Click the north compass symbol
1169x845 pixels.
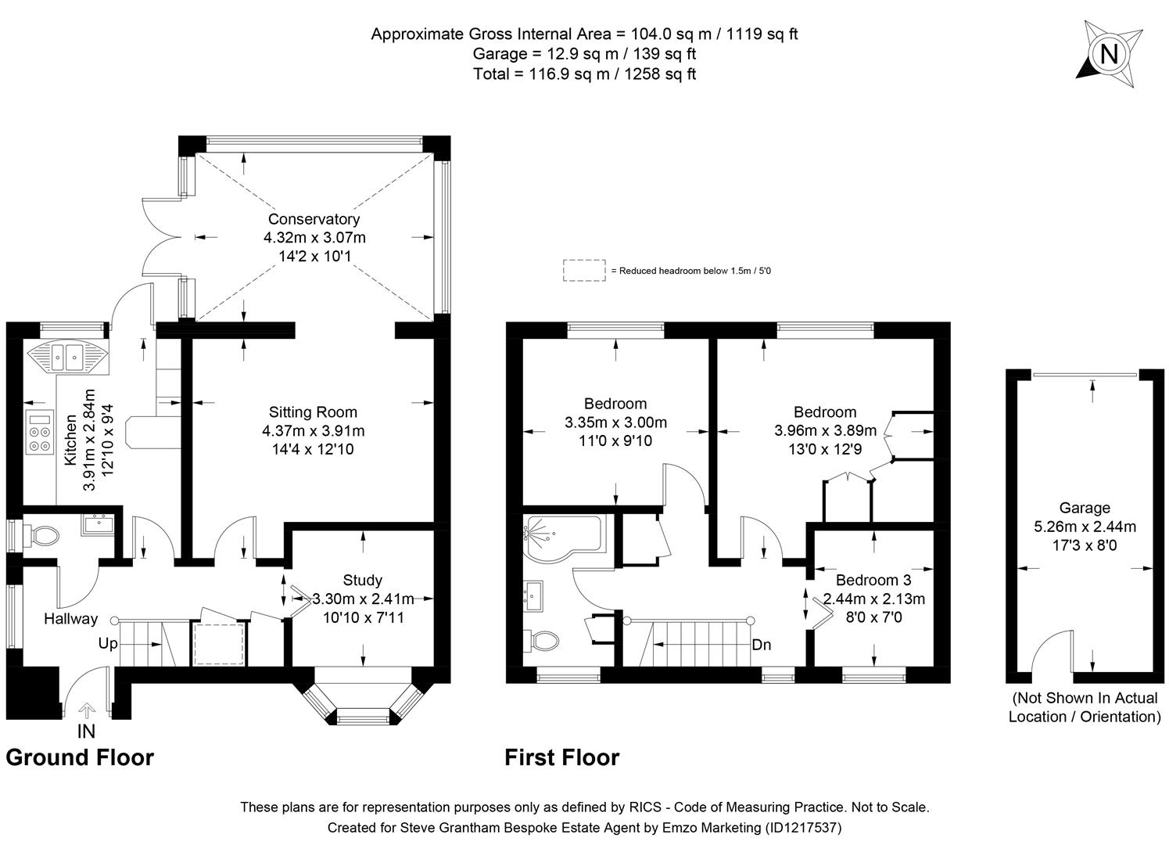pos(1108,54)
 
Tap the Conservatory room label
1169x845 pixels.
pos(314,220)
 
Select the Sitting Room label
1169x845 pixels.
pos(313,412)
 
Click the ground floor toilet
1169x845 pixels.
pos(42,536)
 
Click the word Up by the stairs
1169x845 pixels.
pos(108,644)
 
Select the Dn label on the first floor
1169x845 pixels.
pos(761,645)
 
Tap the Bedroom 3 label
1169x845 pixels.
pos(873,581)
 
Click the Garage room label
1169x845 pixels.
pos(1085,508)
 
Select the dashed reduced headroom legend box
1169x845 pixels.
pos(583,270)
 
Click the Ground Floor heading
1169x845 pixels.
pos(80,757)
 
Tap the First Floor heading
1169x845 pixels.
pos(561,757)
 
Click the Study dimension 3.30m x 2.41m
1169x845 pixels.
pos(363,599)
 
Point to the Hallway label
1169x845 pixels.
pos(70,619)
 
